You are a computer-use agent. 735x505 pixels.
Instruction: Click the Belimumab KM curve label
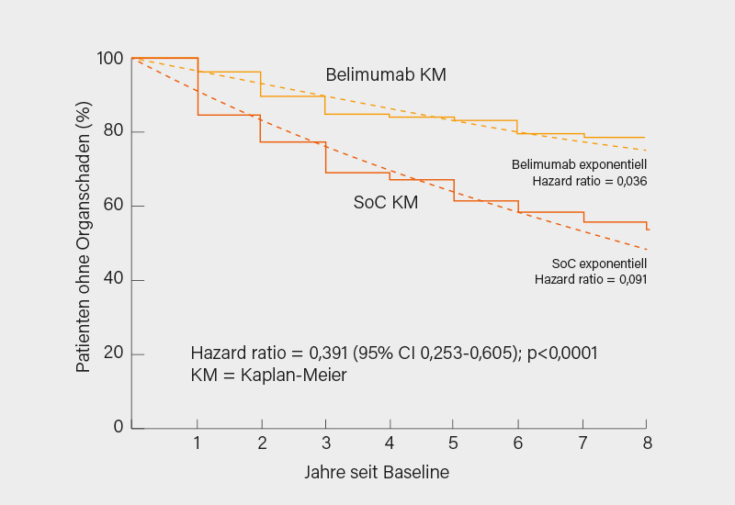click(x=386, y=75)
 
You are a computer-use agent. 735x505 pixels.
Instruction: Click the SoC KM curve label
click(x=386, y=203)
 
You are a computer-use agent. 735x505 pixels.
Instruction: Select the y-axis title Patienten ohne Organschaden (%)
click(x=84, y=242)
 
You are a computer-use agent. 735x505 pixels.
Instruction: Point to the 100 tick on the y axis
click(x=109, y=59)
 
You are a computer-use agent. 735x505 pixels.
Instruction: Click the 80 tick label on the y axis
click(x=112, y=132)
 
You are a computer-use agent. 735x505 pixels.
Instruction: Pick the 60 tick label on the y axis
click(x=112, y=206)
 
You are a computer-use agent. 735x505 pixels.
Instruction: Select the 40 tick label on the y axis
click(x=112, y=280)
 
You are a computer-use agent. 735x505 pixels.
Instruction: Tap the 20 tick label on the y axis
click(x=112, y=353)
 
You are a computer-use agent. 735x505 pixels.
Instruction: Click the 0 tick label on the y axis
click(x=118, y=427)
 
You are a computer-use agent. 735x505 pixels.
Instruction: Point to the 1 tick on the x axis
click(x=197, y=443)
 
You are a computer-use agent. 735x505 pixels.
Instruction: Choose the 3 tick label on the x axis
click(x=325, y=443)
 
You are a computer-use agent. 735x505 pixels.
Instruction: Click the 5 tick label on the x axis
click(x=454, y=443)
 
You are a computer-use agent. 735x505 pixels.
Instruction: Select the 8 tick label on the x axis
click(x=646, y=443)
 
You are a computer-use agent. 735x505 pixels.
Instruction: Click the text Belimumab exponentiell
click(x=579, y=164)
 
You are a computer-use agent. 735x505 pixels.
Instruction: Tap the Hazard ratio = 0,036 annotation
click(x=590, y=182)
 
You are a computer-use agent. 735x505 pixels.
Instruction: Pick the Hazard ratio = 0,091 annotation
click(x=590, y=279)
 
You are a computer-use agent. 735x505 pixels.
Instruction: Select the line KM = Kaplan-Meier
click(x=268, y=375)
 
